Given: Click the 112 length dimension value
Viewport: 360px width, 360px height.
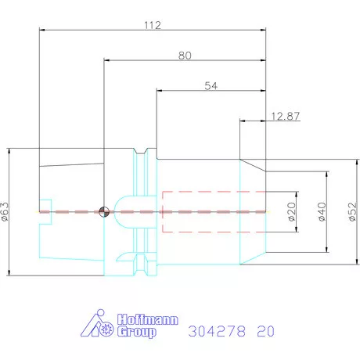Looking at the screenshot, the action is pyautogui.click(x=153, y=25).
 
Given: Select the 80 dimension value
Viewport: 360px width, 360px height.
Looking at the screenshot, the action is pyautogui.click(x=185, y=56).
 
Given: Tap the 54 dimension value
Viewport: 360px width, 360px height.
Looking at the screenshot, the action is pyautogui.click(x=211, y=86).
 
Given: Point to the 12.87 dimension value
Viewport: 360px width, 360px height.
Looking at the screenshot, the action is pyautogui.click(x=286, y=116).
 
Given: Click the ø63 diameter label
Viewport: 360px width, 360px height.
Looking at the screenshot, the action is pyautogui.click(x=5, y=211).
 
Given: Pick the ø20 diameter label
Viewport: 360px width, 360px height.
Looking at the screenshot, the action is pyautogui.click(x=292, y=211).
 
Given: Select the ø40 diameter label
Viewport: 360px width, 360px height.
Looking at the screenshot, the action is pyautogui.click(x=322, y=211).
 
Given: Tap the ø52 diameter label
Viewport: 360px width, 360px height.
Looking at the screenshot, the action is pyautogui.click(x=352, y=211).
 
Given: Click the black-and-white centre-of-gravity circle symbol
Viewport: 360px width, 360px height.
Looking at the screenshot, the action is pyautogui.click(x=104, y=211).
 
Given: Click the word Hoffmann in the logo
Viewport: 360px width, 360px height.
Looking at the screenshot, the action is pyautogui.click(x=148, y=320).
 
